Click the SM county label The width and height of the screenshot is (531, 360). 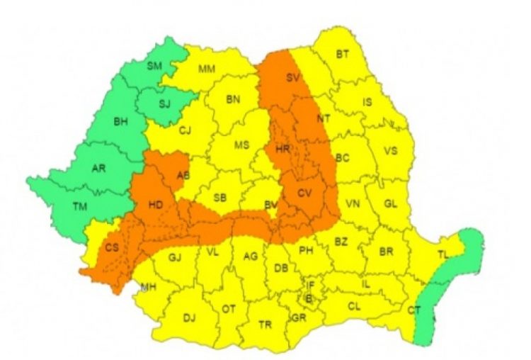pos(154,66)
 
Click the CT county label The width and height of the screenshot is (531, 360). pos(414,310)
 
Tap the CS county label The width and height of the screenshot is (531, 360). pos(112,247)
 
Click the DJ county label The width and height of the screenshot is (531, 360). pos(189,317)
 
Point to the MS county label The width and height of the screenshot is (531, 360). pos(242,145)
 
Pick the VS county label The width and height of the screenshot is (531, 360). pos(389,150)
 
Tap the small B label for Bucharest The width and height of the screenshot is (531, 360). pos(308,298)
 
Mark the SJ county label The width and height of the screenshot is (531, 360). pos(164,104)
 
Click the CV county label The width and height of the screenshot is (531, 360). pos(304,193)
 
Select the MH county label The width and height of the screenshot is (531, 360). pos(149,286)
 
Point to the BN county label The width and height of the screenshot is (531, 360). pos(233,99)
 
